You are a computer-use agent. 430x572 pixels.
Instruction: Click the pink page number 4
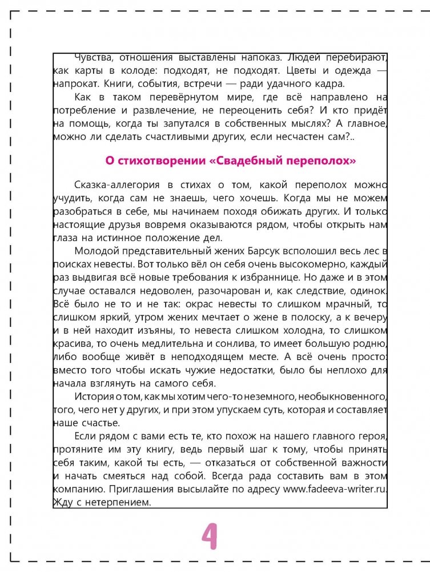[210, 535]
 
